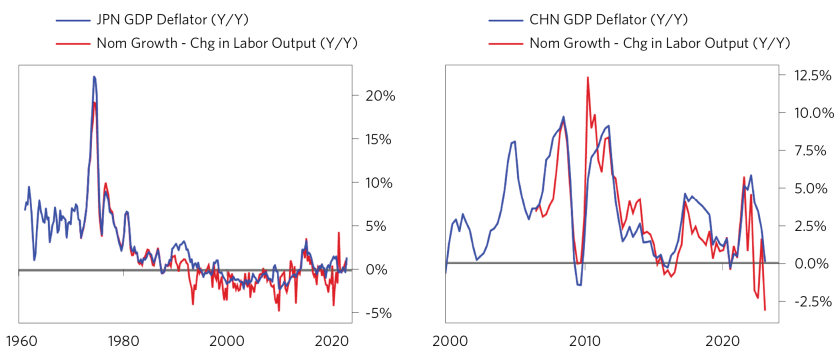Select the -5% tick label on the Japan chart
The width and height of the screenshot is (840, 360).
pyautogui.click(x=378, y=313)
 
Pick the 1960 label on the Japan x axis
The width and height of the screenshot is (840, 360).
pyautogui.click(x=21, y=340)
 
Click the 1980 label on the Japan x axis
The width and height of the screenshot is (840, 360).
pyautogui.click(x=124, y=340)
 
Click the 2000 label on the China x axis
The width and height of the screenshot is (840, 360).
pyautogui.click(x=447, y=340)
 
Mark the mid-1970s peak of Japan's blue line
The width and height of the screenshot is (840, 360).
pyautogui.click(x=94, y=76)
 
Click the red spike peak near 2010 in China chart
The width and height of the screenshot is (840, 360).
pyautogui.click(x=587, y=77)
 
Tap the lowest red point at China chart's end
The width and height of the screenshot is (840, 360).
pyautogui.click(x=765, y=310)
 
